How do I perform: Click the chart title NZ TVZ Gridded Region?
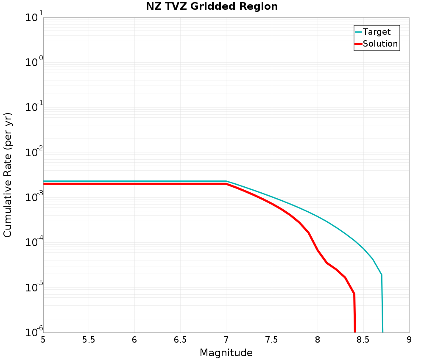tap(212, 7)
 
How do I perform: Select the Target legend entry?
tap(377, 32)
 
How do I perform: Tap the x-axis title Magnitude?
tap(226, 353)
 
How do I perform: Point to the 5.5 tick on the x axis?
tap(89, 340)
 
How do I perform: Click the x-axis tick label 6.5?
tap(180, 340)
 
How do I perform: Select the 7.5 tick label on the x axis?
tap(271, 340)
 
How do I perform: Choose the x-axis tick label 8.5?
tap(363, 340)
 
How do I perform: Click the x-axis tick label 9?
tap(409, 340)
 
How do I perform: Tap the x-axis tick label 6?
tap(134, 340)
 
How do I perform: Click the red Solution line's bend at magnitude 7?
tap(226, 184)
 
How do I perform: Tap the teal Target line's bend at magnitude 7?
tap(226, 181)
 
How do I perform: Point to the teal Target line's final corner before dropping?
tap(382, 275)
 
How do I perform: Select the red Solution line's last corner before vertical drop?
tap(354, 294)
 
